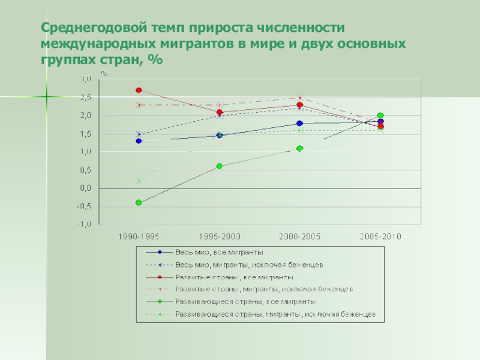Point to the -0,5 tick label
pyautogui.click(x=85, y=206)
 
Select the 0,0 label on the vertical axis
pyautogui.click(x=86, y=188)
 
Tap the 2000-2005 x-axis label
pyautogui.click(x=299, y=237)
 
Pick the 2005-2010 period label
pyautogui.click(x=380, y=237)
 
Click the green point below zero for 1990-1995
pyautogui.click(x=139, y=203)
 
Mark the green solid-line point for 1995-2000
pyautogui.click(x=219, y=166)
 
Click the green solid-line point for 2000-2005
pyautogui.click(x=299, y=148)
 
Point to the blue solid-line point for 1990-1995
pyautogui.click(x=139, y=141)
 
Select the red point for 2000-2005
pyautogui.click(x=299, y=105)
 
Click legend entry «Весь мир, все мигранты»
pyautogui.click(x=219, y=252)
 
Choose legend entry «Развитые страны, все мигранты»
pyautogui.click(x=234, y=277)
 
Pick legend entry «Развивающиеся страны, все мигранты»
pyautogui.click(x=245, y=302)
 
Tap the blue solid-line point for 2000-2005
pyautogui.click(x=299, y=124)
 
